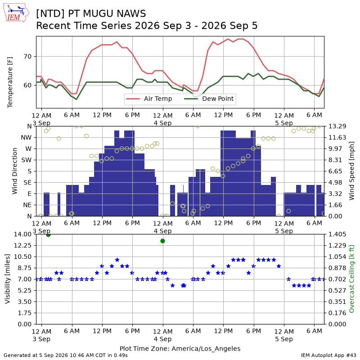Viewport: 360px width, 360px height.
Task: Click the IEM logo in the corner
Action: click(x=16, y=13)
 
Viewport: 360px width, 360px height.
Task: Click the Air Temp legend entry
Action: click(x=149, y=99)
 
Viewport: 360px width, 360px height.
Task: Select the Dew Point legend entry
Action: click(x=209, y=99)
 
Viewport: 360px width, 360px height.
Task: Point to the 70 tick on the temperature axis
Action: click(x=27, y=57)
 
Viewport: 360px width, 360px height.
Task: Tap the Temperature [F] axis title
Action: click(x=10, y=82)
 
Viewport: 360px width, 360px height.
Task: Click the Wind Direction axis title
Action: click(x=15, y=171)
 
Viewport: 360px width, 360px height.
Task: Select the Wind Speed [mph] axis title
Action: click(x=351, y=171)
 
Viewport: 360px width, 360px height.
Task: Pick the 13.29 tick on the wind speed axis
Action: click(x=337, y=126)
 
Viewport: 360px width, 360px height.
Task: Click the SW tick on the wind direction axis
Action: click(x=27, y=160)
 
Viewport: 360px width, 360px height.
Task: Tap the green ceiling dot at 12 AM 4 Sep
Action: click(x=163, y=241)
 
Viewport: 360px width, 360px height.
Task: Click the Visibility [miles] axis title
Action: click(x=8, y=279)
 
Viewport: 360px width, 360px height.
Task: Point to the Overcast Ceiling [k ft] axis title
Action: click(x=351, y=279)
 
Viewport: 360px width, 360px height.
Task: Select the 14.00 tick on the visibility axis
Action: click(x=22, y=234)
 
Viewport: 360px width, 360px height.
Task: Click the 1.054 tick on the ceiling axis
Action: click(x=337, y=256)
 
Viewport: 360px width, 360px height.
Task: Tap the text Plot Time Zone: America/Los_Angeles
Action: click(x=180, y=349)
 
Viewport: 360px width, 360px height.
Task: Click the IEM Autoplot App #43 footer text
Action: click(x=328, y=355)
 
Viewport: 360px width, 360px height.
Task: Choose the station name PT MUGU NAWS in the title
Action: click(x=107, y=13)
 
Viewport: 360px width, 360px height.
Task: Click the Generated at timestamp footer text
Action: click(x=66, y=355)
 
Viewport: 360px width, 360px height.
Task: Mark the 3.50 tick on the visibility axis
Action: click(x=25, y=301)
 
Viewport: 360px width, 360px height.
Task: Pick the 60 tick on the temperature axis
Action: click(x=27, y=85)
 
